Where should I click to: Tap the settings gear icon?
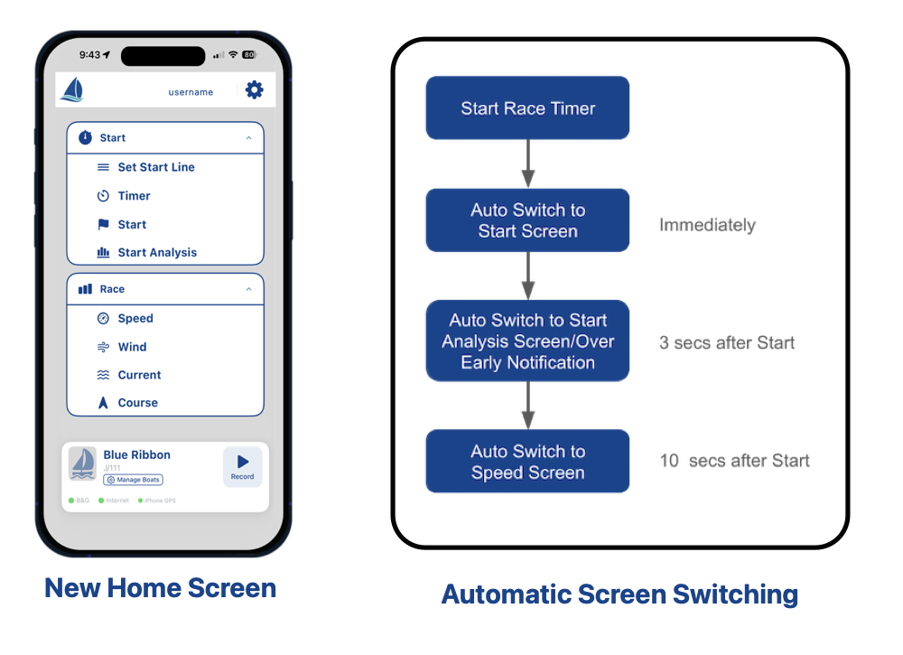click(x=255, y=89)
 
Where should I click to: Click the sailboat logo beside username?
click(x=72, y=89)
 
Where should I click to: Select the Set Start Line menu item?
click(x=155, y=167)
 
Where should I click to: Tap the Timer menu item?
click(x=134, y=196)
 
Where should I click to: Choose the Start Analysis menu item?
click(x=156, y=253)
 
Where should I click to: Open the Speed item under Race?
click(x=135, y=318)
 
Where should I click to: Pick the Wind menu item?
click(x=132, y=347)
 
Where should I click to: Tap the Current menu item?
click(x=139, y=375)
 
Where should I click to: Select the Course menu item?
click(x=137, y=403)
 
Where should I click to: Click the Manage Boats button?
click(x=134, y=480)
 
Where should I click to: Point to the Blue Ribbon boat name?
click(x=137, y=455)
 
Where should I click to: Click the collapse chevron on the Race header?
click(x=248, y=289)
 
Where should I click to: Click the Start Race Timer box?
click(x=527, y=108)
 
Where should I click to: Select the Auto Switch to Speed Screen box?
click(x=527, y=462)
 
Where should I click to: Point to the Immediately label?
click(x=707, y=225)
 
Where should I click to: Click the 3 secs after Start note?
click(x=727, y=342)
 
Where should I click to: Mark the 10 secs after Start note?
click(x=734, y=461)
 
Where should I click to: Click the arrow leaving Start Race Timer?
click(x=528, y=164)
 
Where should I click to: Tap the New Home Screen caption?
click(x=161, y=588)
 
